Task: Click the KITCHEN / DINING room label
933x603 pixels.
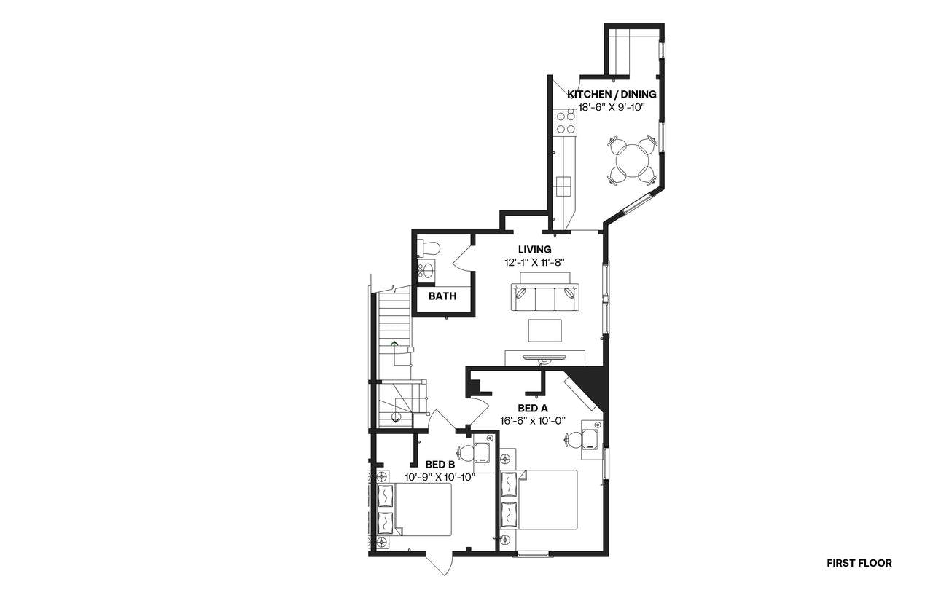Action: tap(612, 94)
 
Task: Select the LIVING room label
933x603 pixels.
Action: tap(534, 249)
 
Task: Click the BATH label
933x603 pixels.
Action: tap(442, 296)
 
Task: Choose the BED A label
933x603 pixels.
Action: tap(532, 408)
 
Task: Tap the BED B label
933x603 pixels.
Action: tap(440, 464)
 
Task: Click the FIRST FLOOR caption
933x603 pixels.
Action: tap(859, 563)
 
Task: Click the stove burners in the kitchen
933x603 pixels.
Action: tap(566, 122)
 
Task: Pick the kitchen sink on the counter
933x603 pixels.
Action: tap(563, 186)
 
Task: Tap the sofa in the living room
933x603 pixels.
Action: tap(544, 296)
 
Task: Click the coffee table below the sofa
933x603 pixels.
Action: tap(545, 330)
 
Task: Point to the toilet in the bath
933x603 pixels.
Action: tap(429, 248)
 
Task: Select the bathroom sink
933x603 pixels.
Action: tap(426, 272)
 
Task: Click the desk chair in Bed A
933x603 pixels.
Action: tap(573, 439)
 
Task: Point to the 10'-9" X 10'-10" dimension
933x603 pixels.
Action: tap(440, 477)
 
